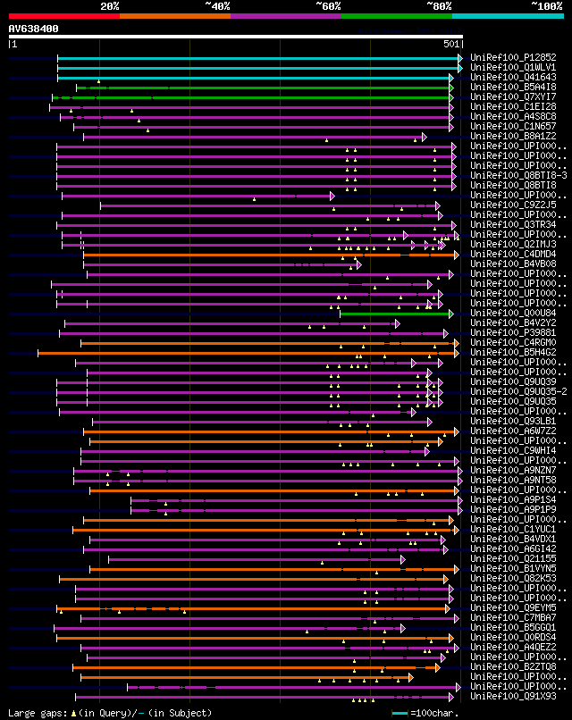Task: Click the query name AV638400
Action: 34,29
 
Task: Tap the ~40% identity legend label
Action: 217,5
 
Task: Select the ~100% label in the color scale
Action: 545,5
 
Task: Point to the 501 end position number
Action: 451,43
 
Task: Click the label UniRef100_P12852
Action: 512,57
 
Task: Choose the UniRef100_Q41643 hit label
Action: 512,77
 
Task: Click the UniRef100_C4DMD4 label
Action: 512,254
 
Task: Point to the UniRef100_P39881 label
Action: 512,332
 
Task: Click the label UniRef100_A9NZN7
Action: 512,470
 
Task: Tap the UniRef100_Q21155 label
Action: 512,558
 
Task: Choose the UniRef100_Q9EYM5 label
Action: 512,607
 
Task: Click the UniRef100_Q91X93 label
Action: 512,696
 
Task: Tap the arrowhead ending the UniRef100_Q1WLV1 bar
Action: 460,67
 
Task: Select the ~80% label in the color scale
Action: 439,5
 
